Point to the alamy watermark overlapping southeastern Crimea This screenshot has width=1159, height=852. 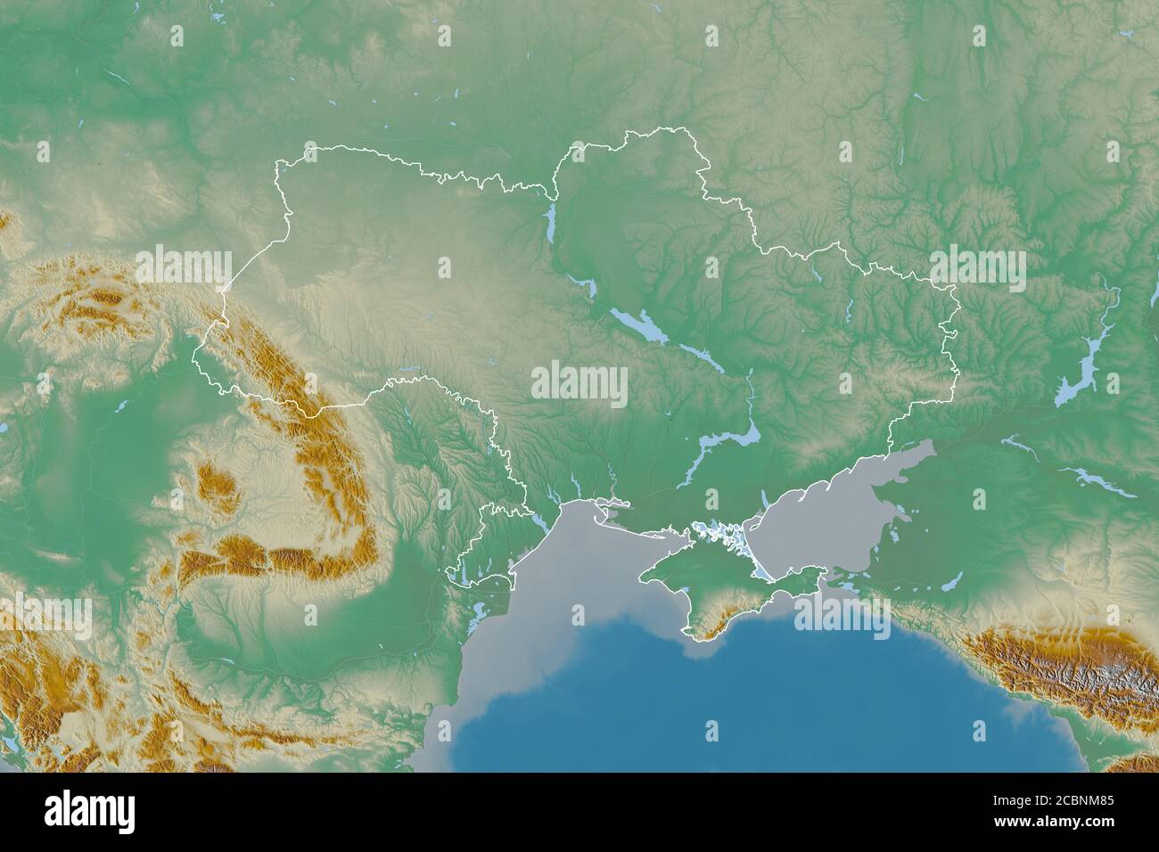pyautogui.click(x=843, y=615)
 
